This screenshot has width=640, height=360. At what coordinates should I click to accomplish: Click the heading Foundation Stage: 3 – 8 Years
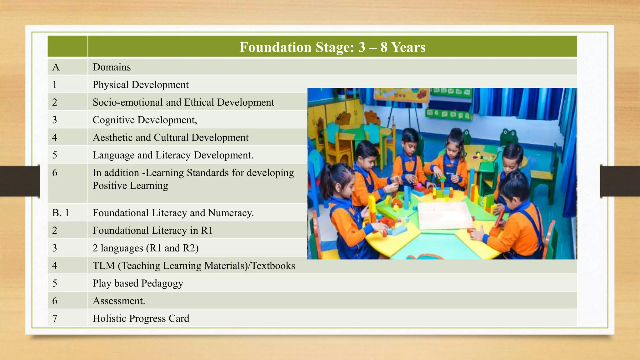(x=332, y=47)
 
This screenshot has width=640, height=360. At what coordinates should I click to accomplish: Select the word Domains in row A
(x=112, y=67)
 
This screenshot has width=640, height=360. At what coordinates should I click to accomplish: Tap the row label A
(x=56, y=67)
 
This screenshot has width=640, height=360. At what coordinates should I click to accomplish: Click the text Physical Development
(x=140, y=85)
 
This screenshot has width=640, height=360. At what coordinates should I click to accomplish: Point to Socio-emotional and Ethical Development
(x=183, y=102)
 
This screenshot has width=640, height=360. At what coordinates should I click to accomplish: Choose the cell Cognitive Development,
(x=145, y=120)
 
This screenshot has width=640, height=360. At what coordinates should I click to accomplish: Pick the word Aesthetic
(x=113, y=137)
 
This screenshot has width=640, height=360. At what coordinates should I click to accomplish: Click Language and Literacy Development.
(x=173, y=155)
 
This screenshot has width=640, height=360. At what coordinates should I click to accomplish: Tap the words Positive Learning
(x=130, y=186)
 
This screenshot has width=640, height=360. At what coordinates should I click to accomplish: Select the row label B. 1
(x=61, y=213)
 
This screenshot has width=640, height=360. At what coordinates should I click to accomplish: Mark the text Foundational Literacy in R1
(x=152, y=230)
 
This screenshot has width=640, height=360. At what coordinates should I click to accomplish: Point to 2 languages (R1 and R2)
(x=146, y=248)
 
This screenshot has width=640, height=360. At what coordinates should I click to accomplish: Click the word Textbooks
(x=273, y=266)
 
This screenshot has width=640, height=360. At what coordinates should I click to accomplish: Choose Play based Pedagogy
(x=138, y=283)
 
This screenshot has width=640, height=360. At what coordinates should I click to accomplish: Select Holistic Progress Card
(x=141, y=318)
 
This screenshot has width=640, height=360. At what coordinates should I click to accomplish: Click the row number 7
(x=55, y=318)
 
